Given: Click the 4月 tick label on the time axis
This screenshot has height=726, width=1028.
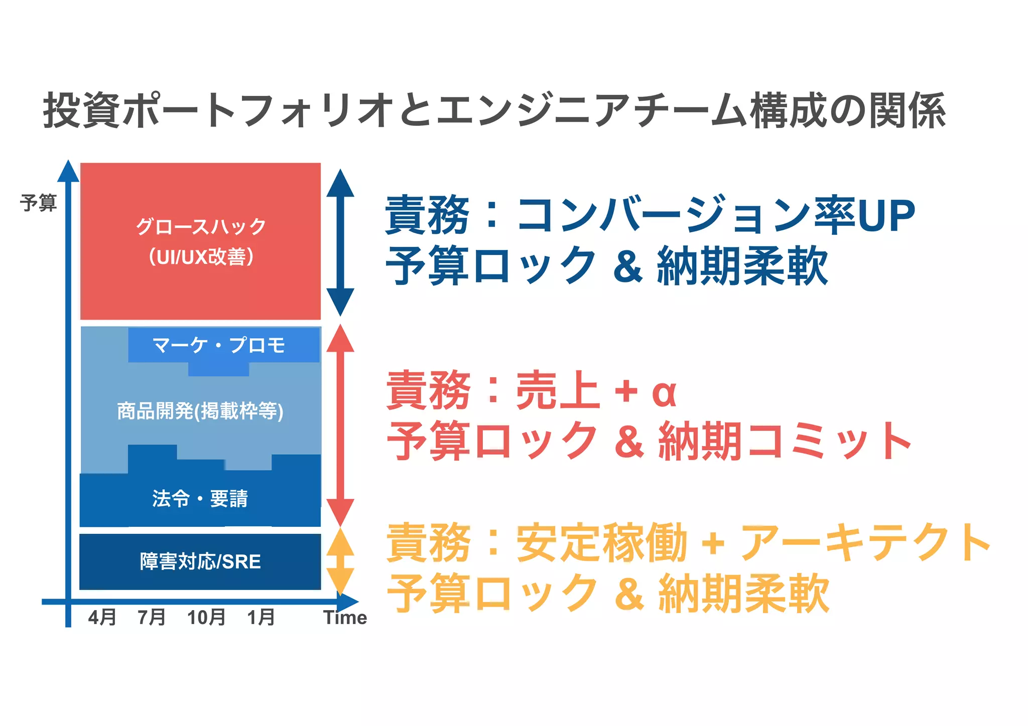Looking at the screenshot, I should [102, 617].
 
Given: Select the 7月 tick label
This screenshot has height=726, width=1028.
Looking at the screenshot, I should [152, 617].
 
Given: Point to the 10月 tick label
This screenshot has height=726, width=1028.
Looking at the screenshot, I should [206, 617].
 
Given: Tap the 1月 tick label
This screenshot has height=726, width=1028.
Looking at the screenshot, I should [261, 617].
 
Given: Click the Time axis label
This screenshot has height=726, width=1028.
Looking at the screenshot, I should [345, 618].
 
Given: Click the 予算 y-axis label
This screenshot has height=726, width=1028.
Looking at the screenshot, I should [39, 203].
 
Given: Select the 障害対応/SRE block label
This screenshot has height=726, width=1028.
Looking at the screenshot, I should [200, 561].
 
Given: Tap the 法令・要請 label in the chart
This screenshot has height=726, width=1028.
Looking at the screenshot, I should [200, 499].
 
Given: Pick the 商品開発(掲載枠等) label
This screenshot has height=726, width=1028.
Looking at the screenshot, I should [200, 411].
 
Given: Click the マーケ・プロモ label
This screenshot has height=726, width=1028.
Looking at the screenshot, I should [219, 345].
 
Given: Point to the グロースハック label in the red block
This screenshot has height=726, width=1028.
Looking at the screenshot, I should [201, 227].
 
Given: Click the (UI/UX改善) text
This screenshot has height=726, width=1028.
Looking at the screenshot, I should [201, 257].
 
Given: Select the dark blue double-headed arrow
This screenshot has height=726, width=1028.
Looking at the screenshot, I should [340, 242].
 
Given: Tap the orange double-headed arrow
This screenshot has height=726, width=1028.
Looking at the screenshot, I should [340, 561].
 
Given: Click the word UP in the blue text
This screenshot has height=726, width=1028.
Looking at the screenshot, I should [886, 216].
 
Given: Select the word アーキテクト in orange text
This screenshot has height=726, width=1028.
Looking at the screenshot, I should [865, 542].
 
